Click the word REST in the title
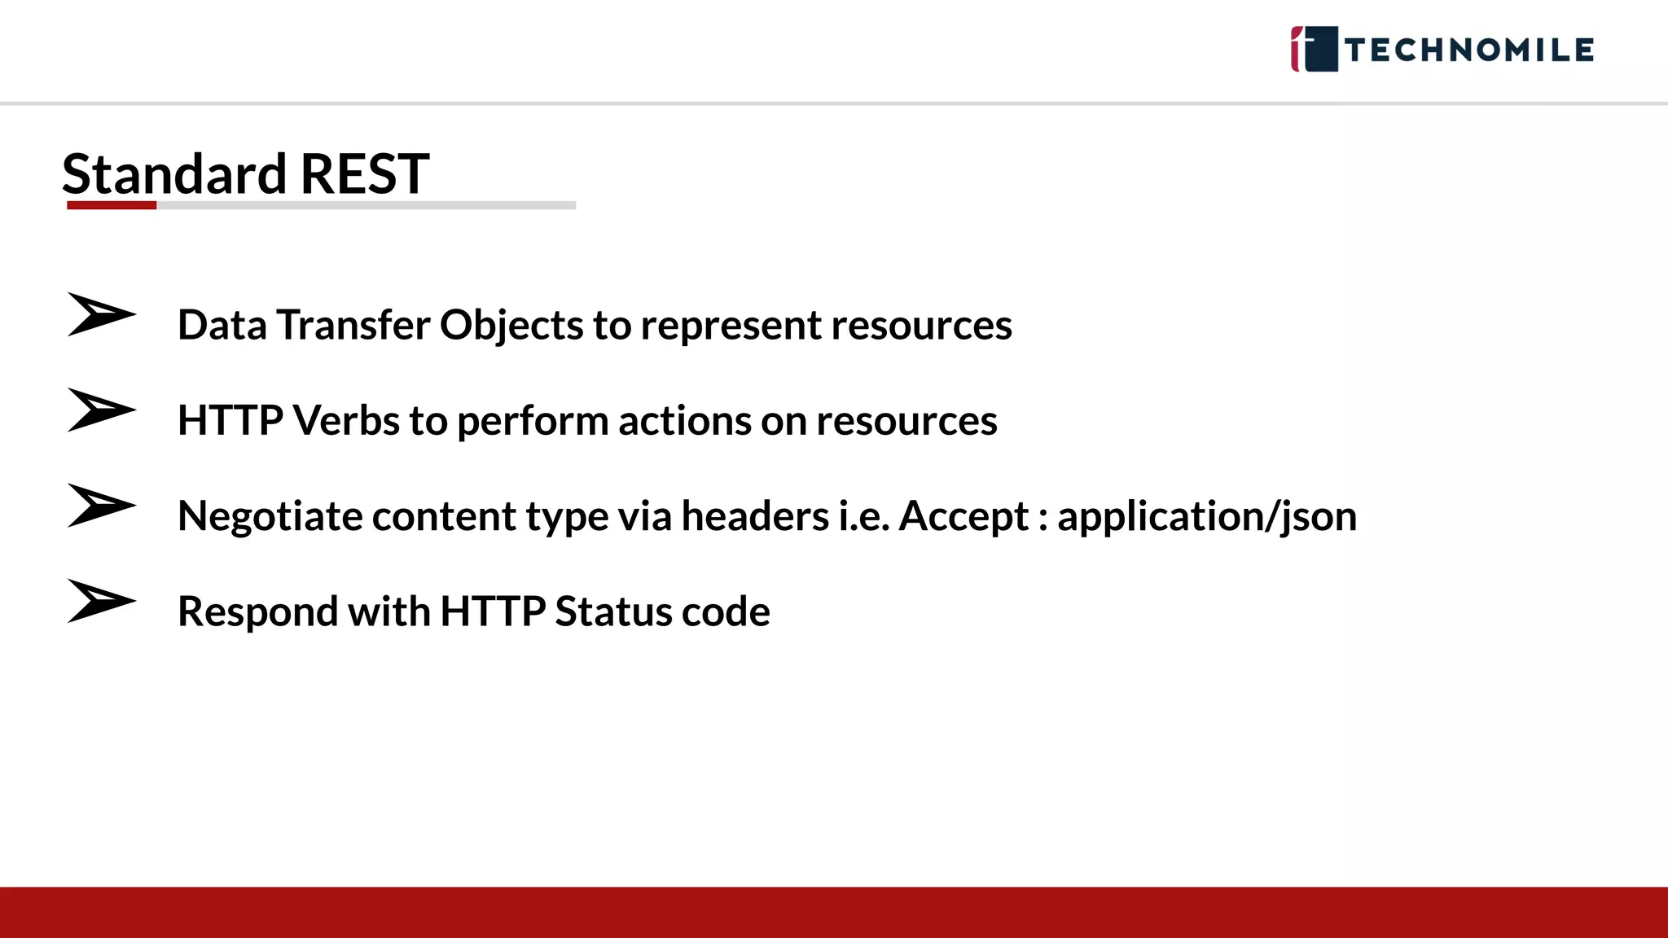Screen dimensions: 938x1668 pos(364,174)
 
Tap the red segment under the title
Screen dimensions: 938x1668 pos(112,206)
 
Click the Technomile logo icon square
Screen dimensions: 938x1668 pos(1314,49)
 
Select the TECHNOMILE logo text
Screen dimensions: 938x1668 pos(1469,50)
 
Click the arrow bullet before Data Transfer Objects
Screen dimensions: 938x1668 pos(100,314)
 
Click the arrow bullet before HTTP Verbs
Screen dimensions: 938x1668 pos(100,410)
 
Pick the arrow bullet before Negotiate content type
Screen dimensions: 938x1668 pos(100,505)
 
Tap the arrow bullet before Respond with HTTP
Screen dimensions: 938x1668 pos(100,601)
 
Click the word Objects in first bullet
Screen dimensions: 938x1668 pos(511,326)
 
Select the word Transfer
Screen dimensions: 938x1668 pos(353,326)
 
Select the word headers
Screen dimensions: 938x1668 pos(755,516)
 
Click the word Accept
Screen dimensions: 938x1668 pos(963,516)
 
